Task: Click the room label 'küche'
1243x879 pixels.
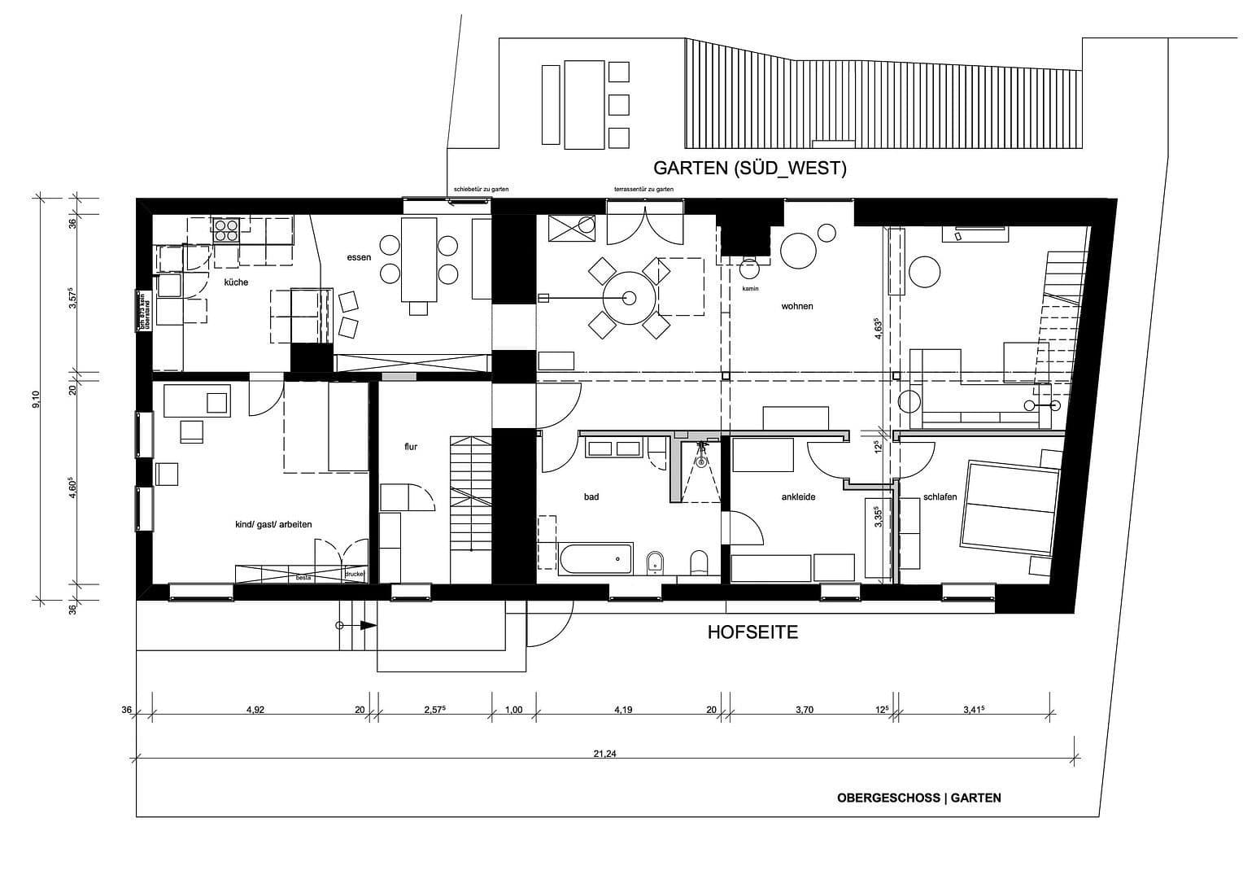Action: pos(236,282)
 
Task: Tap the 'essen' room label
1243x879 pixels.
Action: pos(359,257)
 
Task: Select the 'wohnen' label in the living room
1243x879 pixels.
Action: pos(796,306)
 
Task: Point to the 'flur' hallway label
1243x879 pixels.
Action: pos(411,447)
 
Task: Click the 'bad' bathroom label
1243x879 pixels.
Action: pos(591,496)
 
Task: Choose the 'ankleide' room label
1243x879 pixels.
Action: pos(798,496)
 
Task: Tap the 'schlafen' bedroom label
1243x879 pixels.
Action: pos(940,497)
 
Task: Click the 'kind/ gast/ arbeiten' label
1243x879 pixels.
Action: pos(273,524)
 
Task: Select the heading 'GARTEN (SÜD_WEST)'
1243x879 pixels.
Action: pos(750,168)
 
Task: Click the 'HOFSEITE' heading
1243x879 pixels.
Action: pos(752,632)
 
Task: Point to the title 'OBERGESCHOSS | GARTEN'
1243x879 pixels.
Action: pos(918,798)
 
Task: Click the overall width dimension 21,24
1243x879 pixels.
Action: pos(604,754)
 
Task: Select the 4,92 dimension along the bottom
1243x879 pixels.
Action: pos(255,710)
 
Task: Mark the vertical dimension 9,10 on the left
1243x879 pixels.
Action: pos(36,399)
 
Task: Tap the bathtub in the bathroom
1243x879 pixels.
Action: pos(595,558)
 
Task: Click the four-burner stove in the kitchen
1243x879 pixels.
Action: pos(225,230)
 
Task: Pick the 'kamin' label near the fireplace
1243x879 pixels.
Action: pos(749,288)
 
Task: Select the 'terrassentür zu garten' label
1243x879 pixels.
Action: pos(643,190)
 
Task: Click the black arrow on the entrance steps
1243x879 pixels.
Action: pos(367,625)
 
